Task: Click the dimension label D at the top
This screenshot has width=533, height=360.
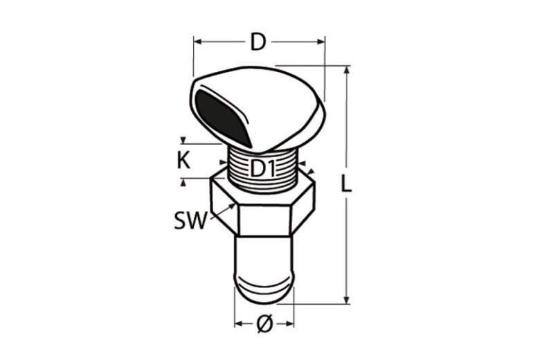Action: tap(258, 42)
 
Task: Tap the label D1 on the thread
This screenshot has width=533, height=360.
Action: tap(262, 169)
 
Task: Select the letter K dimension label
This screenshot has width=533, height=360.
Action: tap(183, 161)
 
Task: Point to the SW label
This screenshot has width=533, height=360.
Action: tap(190, 221)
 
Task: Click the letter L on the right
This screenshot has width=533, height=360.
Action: tap(346, 185)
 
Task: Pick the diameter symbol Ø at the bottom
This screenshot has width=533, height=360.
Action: tap(264, 323)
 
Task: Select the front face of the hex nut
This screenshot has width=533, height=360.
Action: tap(264, 220)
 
